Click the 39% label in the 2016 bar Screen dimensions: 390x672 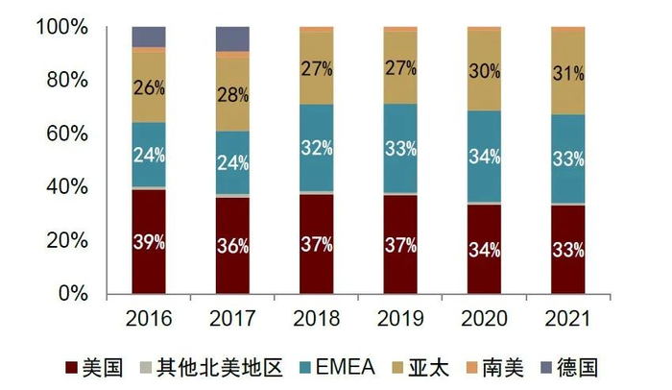tap(149, 242)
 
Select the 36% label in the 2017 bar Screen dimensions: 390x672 tap(233, 246)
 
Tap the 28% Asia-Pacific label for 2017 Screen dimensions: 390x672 tap(233, 95)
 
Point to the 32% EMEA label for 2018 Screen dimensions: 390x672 tap(317, 148)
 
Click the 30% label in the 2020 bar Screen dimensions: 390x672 tap(485, 71)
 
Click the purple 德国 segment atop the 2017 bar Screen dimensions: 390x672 tap(233, 38)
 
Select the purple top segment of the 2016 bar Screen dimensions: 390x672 tap(149, 37)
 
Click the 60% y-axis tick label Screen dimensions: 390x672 tap(66, 134)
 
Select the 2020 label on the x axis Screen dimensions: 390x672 tap(485, 317)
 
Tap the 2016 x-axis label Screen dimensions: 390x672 tap(149, 317)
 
